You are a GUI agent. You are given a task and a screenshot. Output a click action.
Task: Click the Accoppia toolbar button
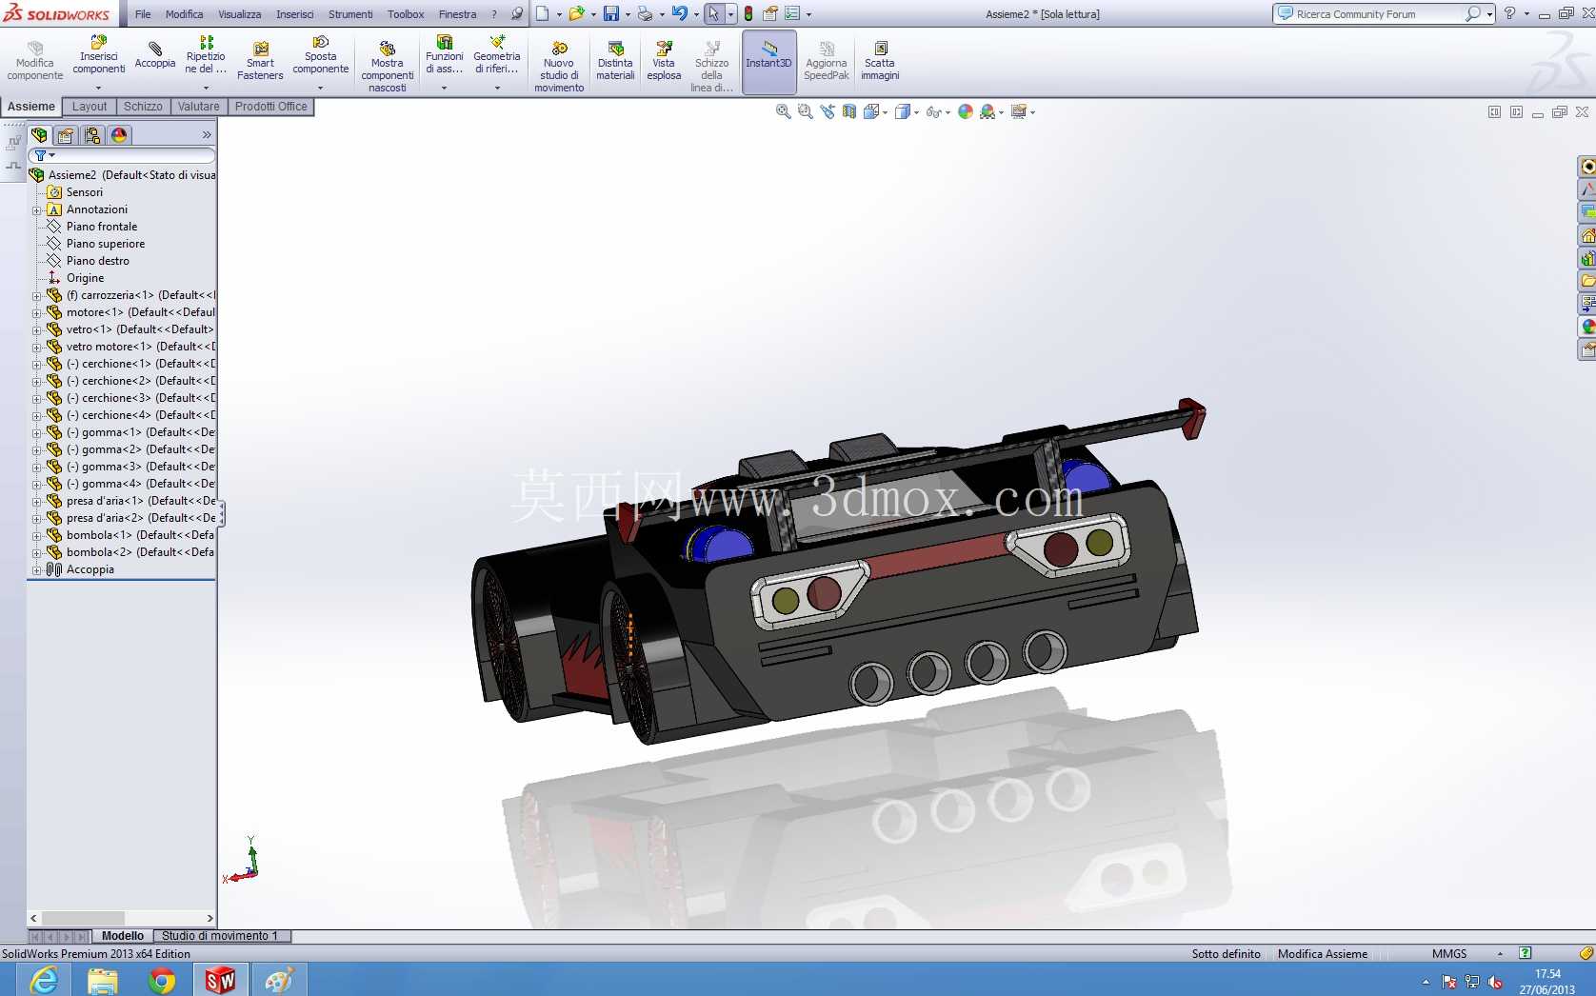click(x=154, y=55)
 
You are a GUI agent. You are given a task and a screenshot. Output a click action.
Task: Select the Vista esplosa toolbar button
click(x=664, y=60)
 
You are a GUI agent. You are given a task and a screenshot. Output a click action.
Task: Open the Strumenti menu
click(x=349, y=13)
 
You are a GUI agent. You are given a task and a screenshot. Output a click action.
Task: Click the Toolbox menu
click(x=406, y=13)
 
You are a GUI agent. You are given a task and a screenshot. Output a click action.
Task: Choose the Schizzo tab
click(x=143, y=106)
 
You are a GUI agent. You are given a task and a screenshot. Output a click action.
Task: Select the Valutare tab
click(x=198, y=106)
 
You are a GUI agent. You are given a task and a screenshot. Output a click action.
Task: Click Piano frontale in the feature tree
click(x=102, y=227)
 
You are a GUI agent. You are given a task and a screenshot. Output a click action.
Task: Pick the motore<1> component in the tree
click(x=95, y=312)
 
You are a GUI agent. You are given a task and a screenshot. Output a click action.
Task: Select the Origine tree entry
click(x=85, y=278)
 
